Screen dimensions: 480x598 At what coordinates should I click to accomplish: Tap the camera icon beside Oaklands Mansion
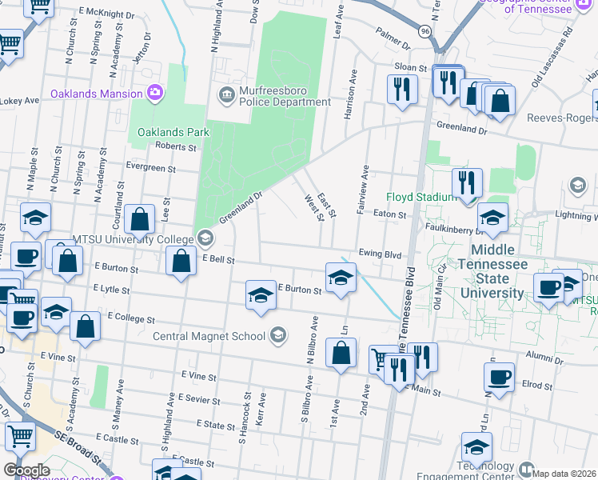155,94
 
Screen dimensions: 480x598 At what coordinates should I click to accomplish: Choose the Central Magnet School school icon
278,334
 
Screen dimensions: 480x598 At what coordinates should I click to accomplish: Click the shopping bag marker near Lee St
140,219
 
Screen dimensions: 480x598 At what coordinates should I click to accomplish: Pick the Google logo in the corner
26,470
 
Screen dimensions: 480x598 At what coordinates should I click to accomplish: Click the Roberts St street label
176,147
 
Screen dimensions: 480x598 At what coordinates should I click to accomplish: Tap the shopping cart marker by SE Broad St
21,437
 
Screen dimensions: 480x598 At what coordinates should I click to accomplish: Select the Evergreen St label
152,168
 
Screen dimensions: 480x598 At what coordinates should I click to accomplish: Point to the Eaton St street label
391,214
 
